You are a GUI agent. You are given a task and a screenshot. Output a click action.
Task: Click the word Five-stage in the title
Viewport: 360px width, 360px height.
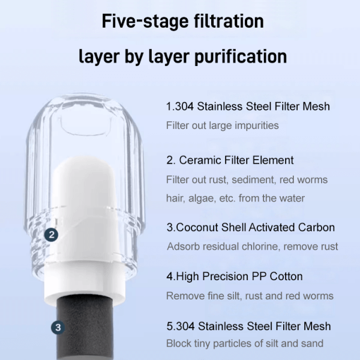click(x=145, y=21)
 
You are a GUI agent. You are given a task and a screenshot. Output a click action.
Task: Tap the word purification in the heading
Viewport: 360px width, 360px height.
click(x=241, y=56)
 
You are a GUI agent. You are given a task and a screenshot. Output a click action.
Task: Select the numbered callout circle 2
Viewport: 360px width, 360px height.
click(x=51, y=235)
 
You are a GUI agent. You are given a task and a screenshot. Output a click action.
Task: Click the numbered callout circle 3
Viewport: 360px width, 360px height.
click(x=58, y=328)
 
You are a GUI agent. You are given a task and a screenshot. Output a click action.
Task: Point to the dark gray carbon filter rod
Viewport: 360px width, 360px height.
click(x=85, y=328)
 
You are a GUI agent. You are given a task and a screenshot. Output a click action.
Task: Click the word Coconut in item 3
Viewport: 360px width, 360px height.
click(x=197, y=227)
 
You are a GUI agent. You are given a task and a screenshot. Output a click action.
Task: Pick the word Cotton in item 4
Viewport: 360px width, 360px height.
click(x=286, y=276)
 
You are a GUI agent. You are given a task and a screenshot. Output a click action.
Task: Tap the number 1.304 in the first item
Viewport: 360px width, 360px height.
click(x=180, y=106)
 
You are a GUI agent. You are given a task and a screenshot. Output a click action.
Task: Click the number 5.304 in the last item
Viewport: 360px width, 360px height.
click(x=181, y=326)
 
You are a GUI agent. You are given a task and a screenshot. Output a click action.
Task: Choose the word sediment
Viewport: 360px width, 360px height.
click(x=253, y=180)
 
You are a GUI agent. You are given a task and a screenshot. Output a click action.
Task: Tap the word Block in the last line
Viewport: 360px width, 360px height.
click(x=179, y=343)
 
